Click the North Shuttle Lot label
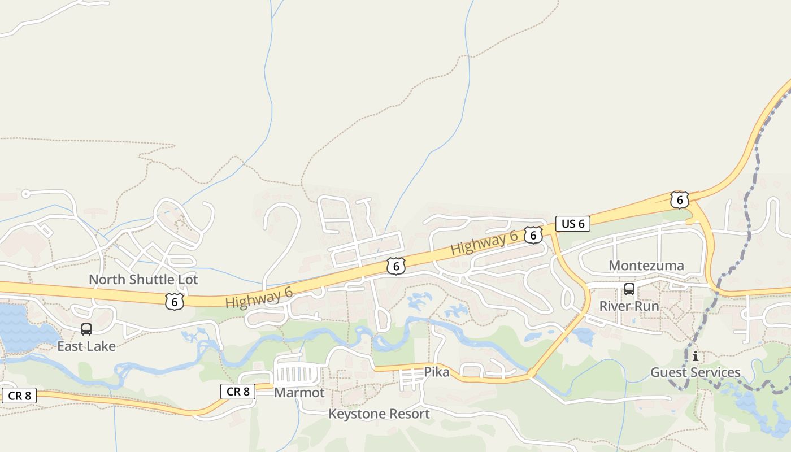144,280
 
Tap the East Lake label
86,346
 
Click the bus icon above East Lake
86,329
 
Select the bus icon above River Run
629,290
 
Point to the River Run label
629,306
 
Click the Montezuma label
646,266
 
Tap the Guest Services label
695,372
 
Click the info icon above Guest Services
696,357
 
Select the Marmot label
299,393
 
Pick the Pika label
437,372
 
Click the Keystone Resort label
379,414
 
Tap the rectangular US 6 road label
573,224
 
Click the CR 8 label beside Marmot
238,391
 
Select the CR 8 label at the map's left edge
20,395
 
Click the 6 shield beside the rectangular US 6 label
533,235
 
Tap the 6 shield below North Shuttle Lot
175,302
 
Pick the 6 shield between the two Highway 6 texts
396,266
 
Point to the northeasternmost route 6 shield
680,200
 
